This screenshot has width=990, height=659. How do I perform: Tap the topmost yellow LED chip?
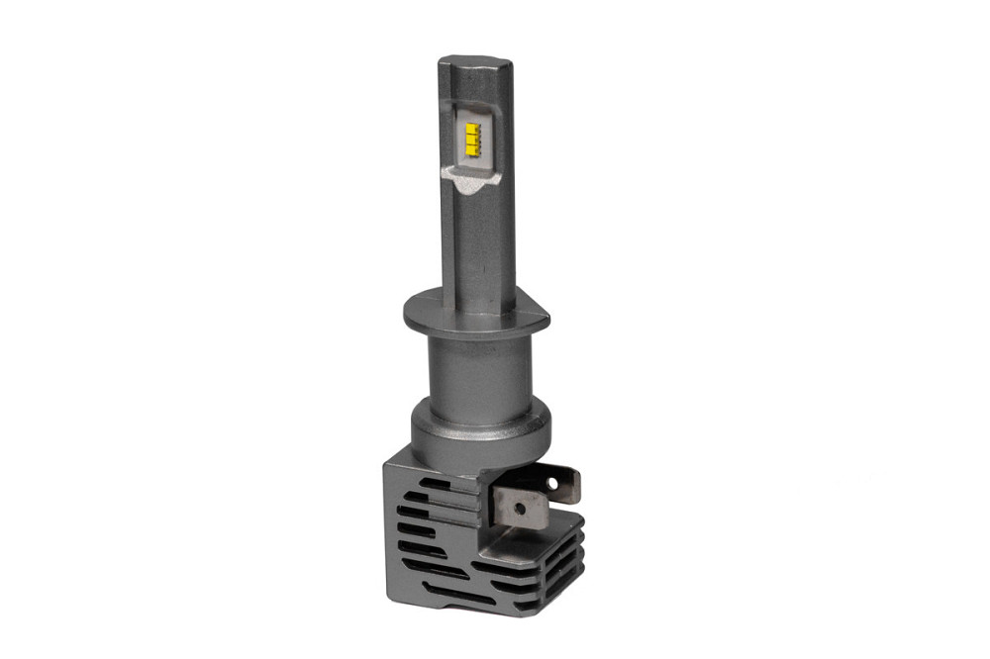pos(473,128)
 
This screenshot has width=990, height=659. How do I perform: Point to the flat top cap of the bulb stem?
pos(475,62)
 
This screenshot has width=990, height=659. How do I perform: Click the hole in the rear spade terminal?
pos(566,484)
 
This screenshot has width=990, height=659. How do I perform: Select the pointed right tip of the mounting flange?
pos(546,319)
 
